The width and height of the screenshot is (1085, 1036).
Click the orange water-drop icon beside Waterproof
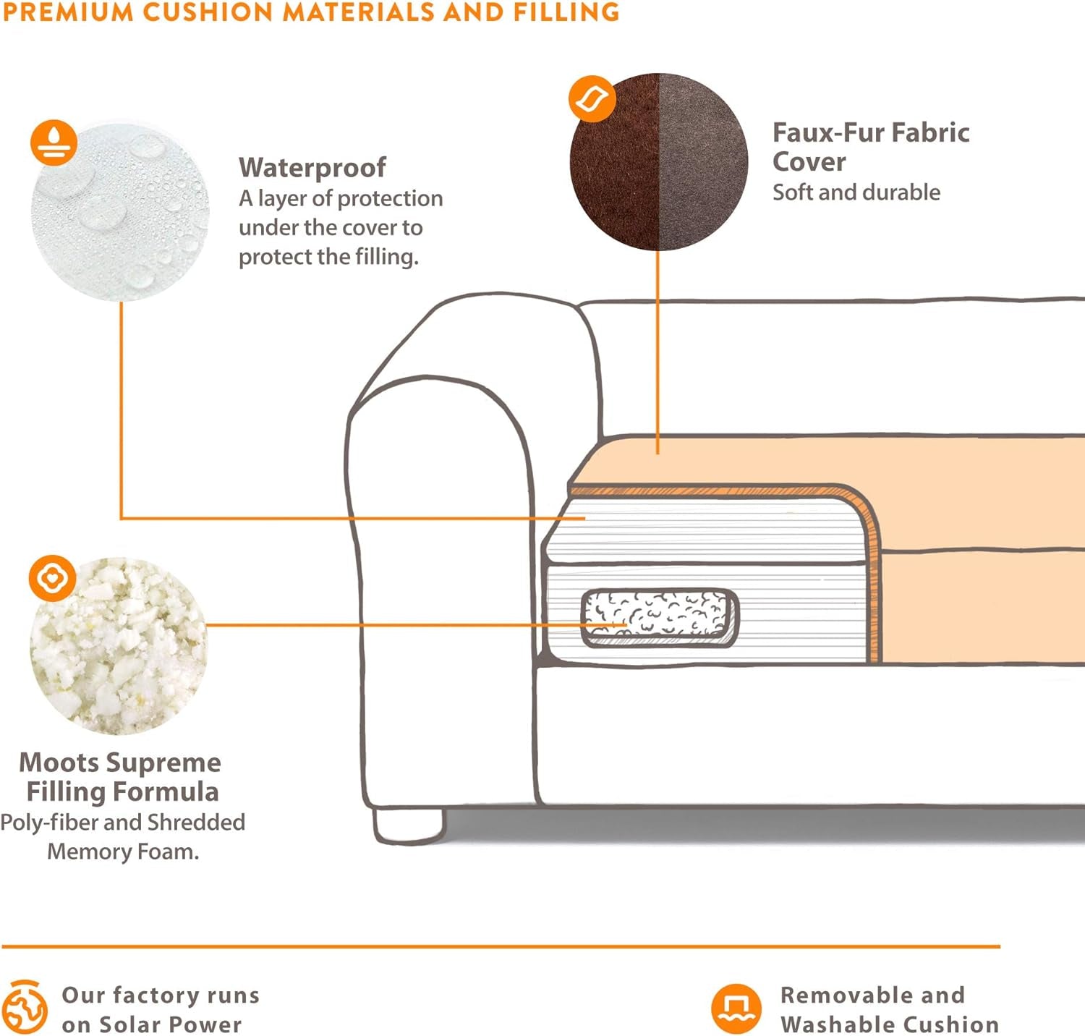(x=54, y=143)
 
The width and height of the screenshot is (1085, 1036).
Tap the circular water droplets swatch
(x=120, y=212)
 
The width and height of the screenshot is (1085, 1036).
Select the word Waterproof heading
(x=312, y=167)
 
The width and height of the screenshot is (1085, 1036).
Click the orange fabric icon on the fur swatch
(x=592, y=98)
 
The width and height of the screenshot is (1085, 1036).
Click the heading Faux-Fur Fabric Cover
(x=870, y=147)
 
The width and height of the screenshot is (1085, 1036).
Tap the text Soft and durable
(x=856, y=192)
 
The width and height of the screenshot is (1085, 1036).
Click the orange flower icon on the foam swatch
(x=52, y=578)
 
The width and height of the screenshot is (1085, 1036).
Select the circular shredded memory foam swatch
(x=119, y=646)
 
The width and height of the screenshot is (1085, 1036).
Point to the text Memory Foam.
(x=123, y=852)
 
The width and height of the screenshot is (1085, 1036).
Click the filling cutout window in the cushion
(x=659, y=617)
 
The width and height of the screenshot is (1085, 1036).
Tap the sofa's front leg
(x=408, y=825)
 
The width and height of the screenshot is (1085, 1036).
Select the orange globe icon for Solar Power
(x=25, y=1007)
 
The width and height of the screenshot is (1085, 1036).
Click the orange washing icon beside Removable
(x=736, y=1009)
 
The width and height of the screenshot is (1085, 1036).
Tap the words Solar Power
(x=171, y=1024)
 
